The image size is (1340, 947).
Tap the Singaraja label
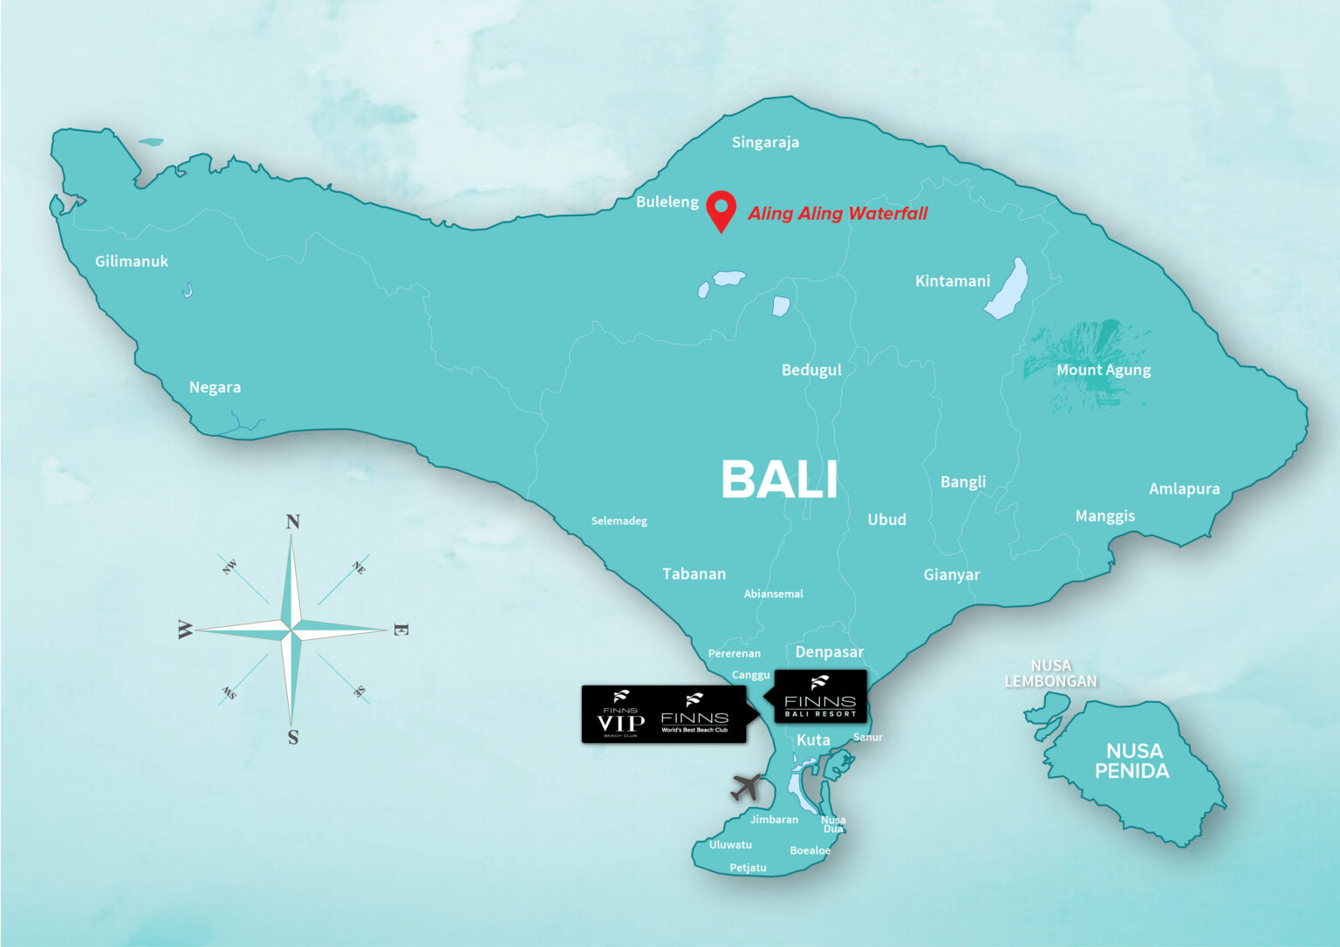tap(765, 142)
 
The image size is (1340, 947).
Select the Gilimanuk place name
tap(132, 261)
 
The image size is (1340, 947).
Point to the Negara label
tap(215, 387)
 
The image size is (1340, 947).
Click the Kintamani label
tap(953, 281)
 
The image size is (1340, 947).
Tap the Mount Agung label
tap(1104, 370)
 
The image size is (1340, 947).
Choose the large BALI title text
tap(779, 480)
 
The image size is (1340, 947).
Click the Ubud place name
tap(886, 520)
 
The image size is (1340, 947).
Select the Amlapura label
tap(1184, 488)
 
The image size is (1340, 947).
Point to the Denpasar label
tap(829, 652)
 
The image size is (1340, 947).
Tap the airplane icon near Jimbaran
tap(747, 787)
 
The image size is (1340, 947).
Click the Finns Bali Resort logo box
tap(820, 696)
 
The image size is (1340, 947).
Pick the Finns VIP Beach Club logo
tap(621, 715)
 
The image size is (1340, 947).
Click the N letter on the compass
tap(293, 521)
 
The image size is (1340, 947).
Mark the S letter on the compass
tap(293, 738)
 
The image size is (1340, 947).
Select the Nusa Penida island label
tap(1132, 760)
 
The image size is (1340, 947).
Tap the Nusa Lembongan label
tap(1050, 673)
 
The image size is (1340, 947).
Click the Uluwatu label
tap(730, 845)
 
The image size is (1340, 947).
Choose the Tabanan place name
tap(694, 574)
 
